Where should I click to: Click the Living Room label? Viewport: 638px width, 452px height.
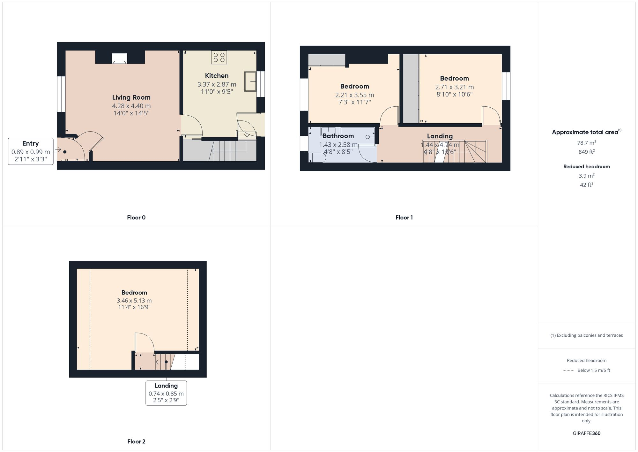[131, 97]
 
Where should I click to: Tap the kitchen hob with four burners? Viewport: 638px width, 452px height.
[219, 57]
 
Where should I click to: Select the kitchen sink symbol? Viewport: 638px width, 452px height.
[251, 81]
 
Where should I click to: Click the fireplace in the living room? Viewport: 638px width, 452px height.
[119, 58]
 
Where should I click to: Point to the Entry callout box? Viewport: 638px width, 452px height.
[31, 151]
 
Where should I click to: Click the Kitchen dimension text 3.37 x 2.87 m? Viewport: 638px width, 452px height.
[217, 85]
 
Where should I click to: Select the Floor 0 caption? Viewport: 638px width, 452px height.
[136, 218]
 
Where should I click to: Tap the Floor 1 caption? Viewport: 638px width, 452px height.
[404, 218]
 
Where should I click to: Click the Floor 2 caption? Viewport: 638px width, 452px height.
[136, 441]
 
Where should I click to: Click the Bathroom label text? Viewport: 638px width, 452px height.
[338, 136]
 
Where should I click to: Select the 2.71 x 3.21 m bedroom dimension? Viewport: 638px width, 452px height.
[454, 87]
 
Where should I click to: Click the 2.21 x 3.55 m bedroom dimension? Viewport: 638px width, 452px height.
[354, 95]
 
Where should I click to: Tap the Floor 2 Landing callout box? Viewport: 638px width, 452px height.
[166, 393]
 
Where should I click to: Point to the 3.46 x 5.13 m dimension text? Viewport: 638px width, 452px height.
[134, 301]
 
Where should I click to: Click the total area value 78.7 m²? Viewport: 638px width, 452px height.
[586, 143]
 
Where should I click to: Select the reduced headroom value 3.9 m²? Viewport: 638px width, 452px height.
[586, 176]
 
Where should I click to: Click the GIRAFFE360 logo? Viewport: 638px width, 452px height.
[586, 433]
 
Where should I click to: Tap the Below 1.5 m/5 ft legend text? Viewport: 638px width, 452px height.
[594, 370]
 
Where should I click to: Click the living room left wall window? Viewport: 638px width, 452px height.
[61, 94]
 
